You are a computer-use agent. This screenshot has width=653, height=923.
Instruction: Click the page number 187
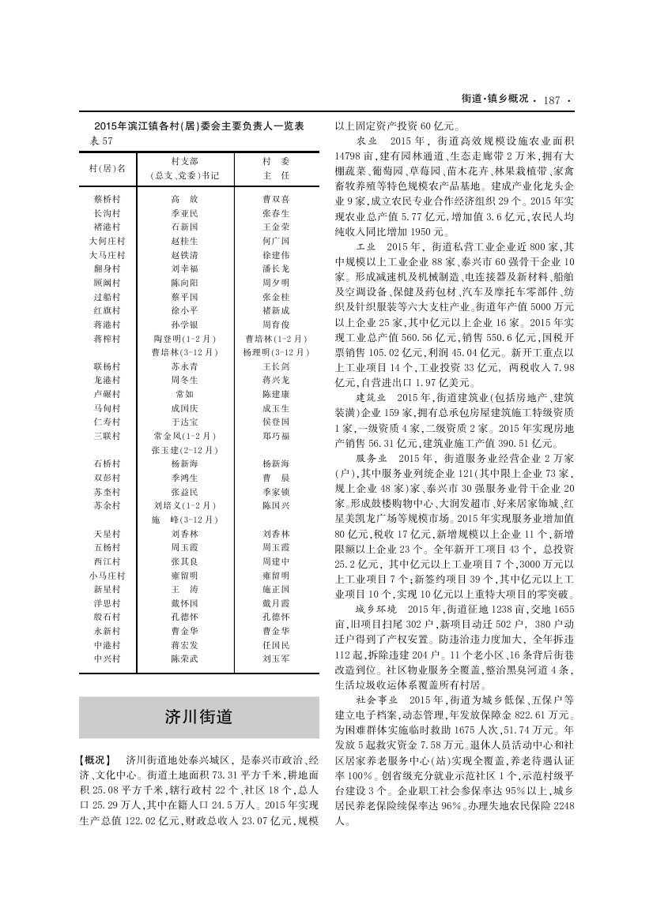pos(552,99)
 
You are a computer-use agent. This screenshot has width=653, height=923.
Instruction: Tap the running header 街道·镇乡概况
pos(495,99)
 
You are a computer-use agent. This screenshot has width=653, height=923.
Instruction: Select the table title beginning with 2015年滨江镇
pos(199,126)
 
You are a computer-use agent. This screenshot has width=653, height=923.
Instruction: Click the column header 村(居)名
pos(108,168)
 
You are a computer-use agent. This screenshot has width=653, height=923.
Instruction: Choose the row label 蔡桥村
pos(107,199)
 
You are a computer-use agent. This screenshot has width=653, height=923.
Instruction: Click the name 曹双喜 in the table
pos(276,199)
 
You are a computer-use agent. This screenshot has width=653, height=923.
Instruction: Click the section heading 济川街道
pos(198,717)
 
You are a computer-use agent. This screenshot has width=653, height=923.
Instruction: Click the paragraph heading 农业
pos(366,140)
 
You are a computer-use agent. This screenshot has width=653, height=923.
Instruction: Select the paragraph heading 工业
pos(366,247)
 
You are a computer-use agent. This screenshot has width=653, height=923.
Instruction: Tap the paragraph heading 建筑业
pos(371,396)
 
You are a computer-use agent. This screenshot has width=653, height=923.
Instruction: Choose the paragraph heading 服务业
pos(371,458)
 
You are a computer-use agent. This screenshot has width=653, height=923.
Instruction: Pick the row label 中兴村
pos(107,657)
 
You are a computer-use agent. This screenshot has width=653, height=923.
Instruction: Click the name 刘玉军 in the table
pos(276,657)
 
